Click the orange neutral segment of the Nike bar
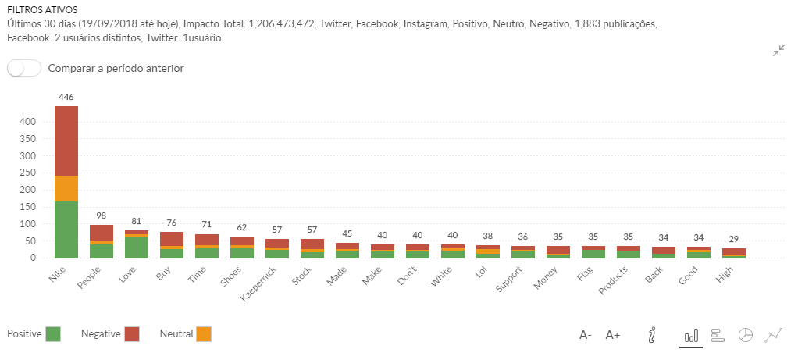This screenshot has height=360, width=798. pos(66,188)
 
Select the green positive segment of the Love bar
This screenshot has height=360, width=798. pos(136,248)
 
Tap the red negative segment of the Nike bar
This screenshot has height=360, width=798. pos(66,141)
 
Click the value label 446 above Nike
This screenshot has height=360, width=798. pos(66,97)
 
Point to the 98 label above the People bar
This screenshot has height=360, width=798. pos(101,216)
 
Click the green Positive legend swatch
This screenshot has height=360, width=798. pos(53,334)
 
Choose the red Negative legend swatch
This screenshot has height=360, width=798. pos(131,334)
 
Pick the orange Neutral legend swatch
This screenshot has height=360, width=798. pos(203,334)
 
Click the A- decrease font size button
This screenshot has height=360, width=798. pos(585,335)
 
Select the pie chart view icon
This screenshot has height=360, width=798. pos(746,335)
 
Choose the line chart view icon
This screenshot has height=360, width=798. pos(774,335)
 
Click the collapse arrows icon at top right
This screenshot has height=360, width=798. pos(778,51)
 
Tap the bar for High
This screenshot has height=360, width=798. pos(733,252)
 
